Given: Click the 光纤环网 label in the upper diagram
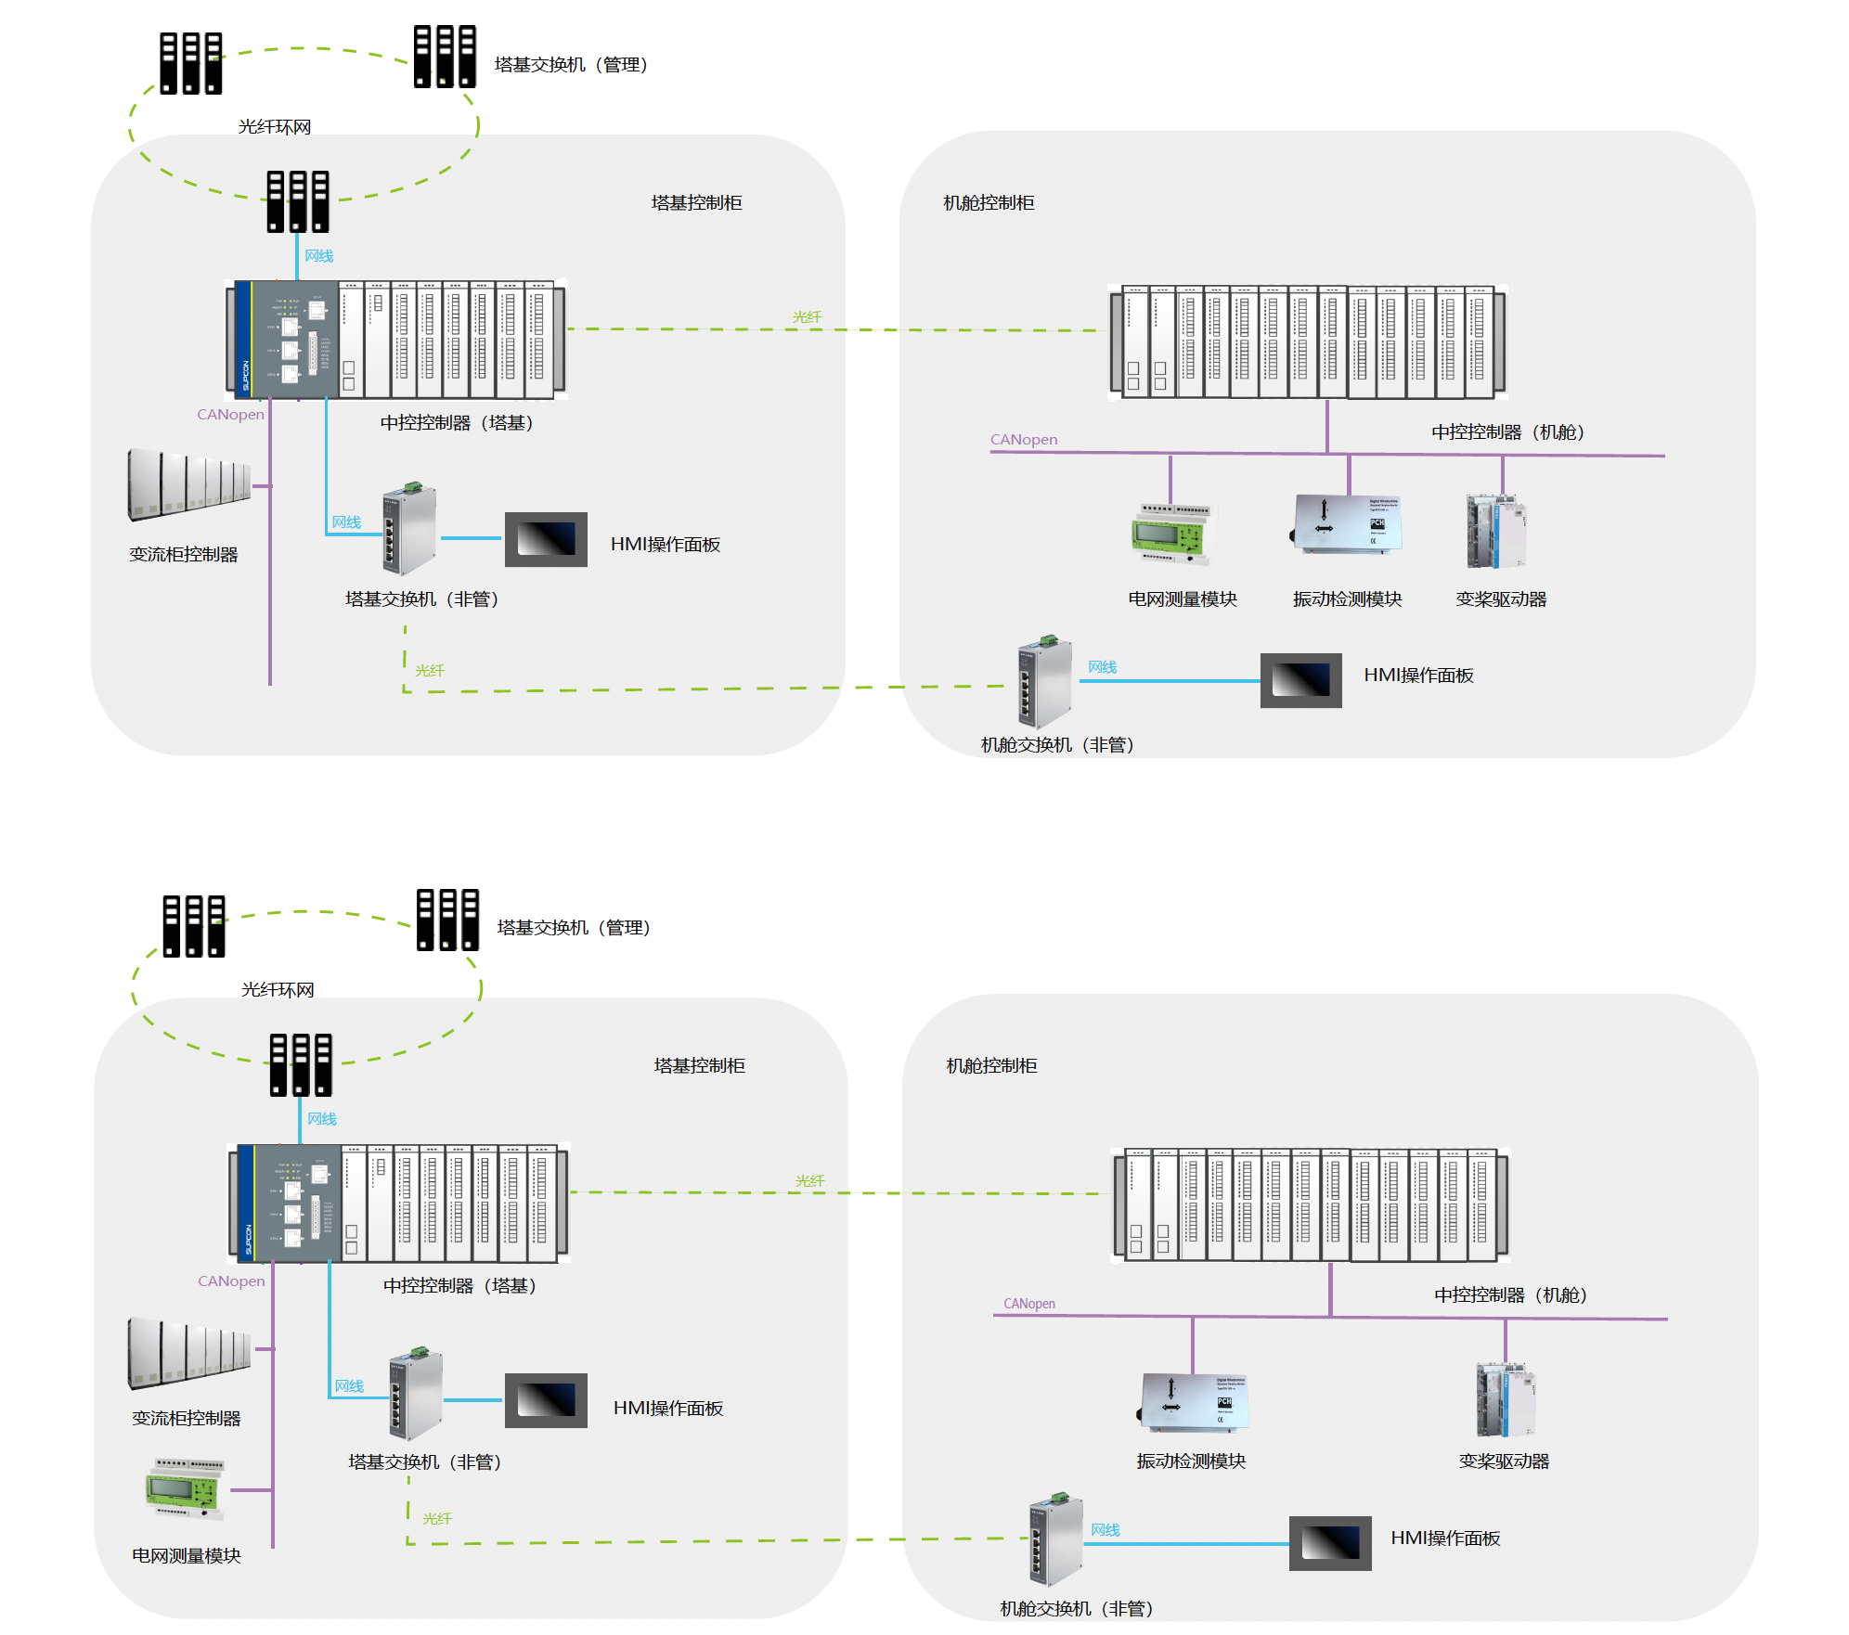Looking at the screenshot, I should click(274, 127).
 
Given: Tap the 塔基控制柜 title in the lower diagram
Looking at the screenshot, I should click(699, 1065).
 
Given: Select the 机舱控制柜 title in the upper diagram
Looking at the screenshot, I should click(989, 202).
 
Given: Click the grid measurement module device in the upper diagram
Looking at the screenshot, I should click(1171, 534).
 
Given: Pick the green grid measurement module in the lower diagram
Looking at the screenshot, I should click(185, 1488).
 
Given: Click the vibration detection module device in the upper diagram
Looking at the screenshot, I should click(1347, 524).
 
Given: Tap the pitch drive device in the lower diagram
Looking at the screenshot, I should click(1505, 1399).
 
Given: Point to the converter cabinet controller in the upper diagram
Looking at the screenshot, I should click(188, 484).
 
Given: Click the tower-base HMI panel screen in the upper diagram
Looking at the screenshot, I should click(546, 539).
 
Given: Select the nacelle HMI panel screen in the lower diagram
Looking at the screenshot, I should click(1329, 1542).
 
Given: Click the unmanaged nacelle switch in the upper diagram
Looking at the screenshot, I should click(1045, 682).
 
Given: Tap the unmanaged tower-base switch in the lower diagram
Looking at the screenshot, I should click(415, 1396).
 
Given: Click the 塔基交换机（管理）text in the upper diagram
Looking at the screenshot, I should click(571, 65).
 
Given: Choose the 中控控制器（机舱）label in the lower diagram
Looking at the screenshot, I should click(1510, 1294).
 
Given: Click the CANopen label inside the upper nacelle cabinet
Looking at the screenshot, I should click(1023, 440).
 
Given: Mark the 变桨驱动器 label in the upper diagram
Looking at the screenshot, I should click(1501, 599).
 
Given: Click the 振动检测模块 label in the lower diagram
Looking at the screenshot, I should click(1191, 1461).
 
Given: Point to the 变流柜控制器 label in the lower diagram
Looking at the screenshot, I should click(186, 1418).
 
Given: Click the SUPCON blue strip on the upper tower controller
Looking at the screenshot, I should click(245, 339).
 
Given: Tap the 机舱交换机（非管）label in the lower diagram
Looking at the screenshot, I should click(1076, 1608).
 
